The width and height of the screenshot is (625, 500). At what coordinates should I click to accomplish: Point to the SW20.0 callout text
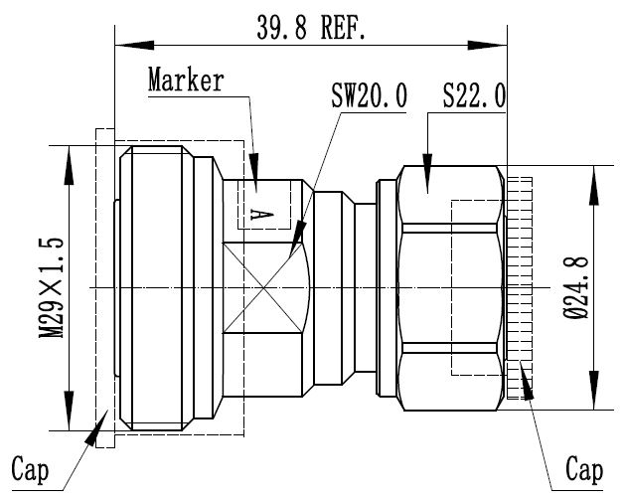(369, 97)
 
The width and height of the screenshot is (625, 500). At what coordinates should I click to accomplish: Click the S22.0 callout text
(474, 97)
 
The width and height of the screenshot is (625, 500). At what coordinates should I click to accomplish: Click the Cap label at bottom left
(33, 466)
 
